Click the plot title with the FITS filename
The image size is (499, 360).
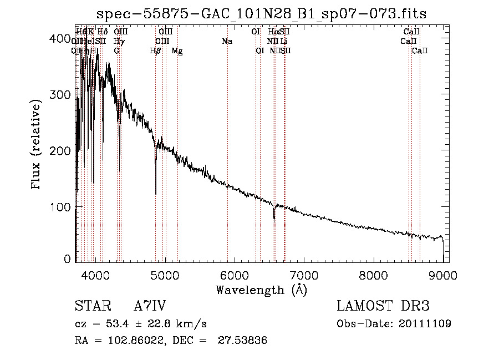(262, 13)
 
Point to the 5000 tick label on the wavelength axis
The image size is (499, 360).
(165, 275)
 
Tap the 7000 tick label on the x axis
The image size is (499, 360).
(304, 275)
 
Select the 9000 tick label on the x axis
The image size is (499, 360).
(443, 275)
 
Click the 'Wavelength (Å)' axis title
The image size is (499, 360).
(262, 290)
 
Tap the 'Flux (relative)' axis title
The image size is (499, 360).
(37, 146)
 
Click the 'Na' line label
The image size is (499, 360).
(227, 42)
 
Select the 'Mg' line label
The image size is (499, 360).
(177, 51)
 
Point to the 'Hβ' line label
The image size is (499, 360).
(156, 51)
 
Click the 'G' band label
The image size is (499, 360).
(116, 51)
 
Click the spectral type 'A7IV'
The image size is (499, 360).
(150, 307)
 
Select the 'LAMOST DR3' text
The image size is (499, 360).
(383, 306)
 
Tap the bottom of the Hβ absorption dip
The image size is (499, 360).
(156, 194)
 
